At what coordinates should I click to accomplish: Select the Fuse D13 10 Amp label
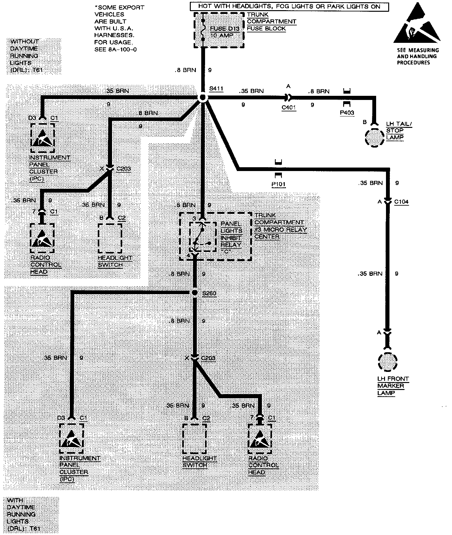[224, 32]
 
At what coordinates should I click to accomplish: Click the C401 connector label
[289, 108]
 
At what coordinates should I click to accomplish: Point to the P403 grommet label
[347, 113]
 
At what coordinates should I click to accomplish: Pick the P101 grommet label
[278, 184]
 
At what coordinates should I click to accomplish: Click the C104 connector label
[401, 201]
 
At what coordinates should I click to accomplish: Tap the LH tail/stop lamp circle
[375, 138]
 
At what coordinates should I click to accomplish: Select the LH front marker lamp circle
[388, 362]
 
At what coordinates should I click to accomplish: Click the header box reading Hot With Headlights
[289, 6]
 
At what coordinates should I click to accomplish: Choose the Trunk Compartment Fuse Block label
[271, 22]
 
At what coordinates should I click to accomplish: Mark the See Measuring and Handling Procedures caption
[418, 56]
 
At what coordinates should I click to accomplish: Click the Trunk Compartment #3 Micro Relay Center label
[281, 226]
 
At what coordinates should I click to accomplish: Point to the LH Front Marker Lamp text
[393, 386]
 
